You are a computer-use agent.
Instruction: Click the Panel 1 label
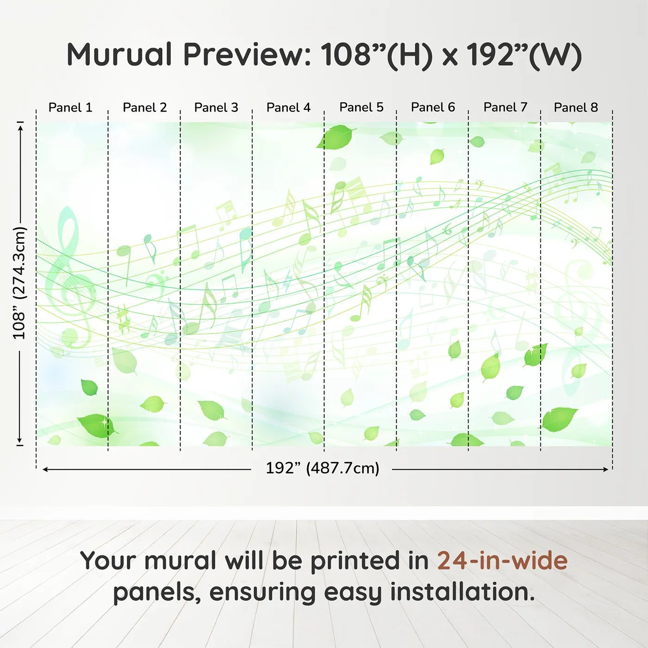pos(70,107)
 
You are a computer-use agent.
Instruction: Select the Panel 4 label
pos(288,107)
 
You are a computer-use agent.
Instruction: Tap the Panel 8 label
pos(576,107)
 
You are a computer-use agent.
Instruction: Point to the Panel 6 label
pos(433,107)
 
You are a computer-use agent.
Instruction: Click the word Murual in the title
pos(119,55)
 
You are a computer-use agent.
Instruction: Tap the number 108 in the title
pos(346,55)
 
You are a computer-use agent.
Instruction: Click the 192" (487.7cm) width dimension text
pos(322,468)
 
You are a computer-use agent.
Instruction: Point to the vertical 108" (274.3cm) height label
pos(19,283)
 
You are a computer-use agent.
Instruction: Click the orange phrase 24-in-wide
pos(502,561)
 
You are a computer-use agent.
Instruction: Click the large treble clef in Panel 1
pos(69,278)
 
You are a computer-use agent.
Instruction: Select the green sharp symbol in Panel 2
pos(123,319)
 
